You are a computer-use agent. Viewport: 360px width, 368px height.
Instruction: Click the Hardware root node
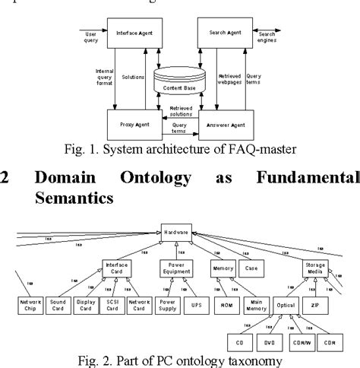pyautogui.click(x=177, y=227)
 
